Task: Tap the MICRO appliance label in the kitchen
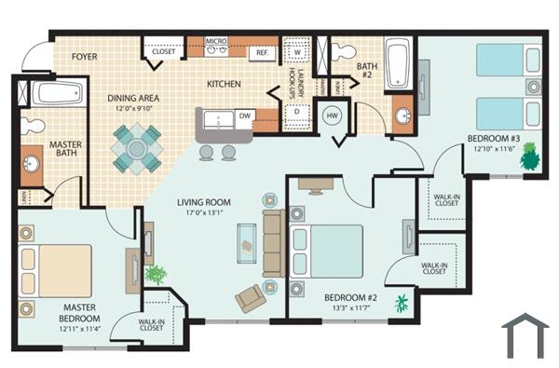point(216,42)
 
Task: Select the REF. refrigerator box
point(263,53)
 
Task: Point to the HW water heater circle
point(333,116)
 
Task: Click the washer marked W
point(296,52)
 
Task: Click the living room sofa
point(273,243)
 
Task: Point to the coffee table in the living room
point(248,240)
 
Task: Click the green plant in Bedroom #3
point(529,156)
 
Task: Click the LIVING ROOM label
point(204,202)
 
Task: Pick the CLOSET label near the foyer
point(163,52)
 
